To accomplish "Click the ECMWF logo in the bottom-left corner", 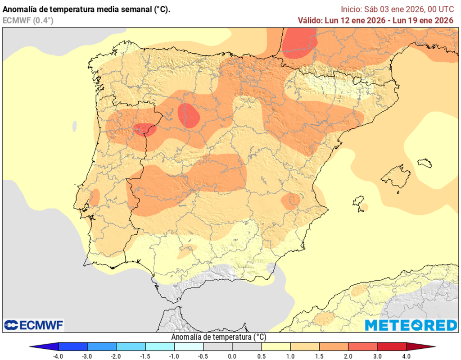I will [x=34, y=325].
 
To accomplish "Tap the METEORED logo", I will [x=411, y=325].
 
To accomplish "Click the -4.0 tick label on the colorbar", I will [x=58, y=356].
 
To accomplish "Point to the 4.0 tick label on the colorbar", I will [x=407, y=356].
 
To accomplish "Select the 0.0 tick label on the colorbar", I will [x=232, y=356].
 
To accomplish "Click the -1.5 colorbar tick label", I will [x=145, y=356].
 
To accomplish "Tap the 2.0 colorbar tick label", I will [x=348, y=356].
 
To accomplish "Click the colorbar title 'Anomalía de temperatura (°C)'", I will [x=219, y=337].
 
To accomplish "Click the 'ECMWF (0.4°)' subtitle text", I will [x=28, y=20].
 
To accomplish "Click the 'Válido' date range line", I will [x=375, y=20].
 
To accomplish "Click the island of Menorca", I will [x=425, y=163].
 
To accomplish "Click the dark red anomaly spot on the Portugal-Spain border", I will [x=145, y=130].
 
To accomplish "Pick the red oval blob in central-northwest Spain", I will [x=189, y=115].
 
